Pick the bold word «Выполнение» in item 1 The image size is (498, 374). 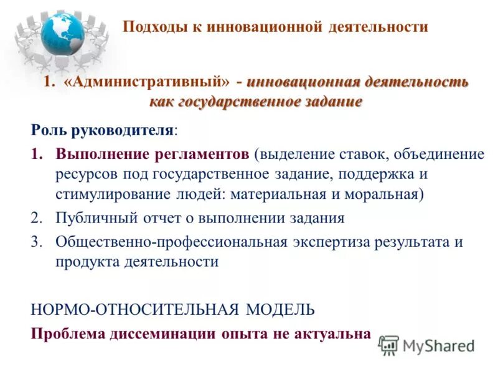[93, 153]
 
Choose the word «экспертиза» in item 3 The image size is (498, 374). [329, 242]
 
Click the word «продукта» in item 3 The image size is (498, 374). [82, 262]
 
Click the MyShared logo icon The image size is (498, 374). [388, 344]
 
